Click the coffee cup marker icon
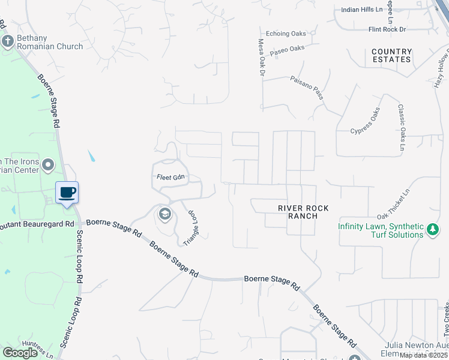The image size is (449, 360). point(67,192)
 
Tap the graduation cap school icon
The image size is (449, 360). point(164,214)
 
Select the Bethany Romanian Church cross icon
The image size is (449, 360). point(8,41)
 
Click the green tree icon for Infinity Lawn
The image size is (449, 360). point(432,229)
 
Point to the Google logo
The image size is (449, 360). point(20,353)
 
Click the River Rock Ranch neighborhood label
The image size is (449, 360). point(303,212)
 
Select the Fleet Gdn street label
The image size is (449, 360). point(169,178)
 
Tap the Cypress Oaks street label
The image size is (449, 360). point(366,122)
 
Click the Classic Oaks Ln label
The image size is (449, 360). point(401,128)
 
